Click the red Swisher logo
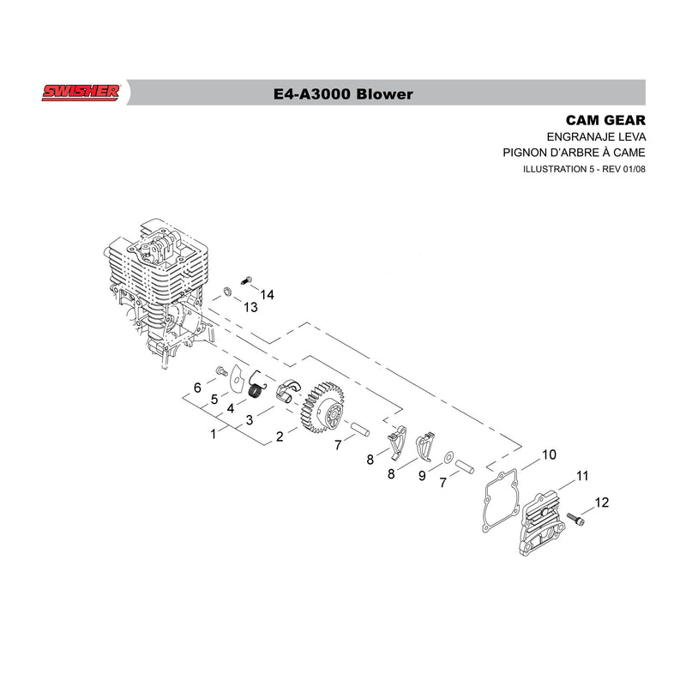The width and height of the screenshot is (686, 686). pyautogui.click(x=81, y=93)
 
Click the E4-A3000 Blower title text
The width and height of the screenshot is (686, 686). pyautogui.click(x=343, y=94)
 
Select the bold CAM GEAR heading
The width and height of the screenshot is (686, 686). pyautogui.click(x=605, y=120)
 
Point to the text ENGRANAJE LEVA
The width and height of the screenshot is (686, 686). pyautogui.click(x=596, y=137)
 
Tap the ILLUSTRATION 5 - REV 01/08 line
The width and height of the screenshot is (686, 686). pyautogui.click(x=584, y=169)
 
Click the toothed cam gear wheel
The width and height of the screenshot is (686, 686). pyautogui.click(x=323, y=406)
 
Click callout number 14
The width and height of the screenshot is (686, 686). pyautogui.click(x=267, y=295)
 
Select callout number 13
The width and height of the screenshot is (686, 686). pyautogui.click(x=250, y=307)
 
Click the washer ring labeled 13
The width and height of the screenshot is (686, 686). pyautogui.click(x=227, y=291)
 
